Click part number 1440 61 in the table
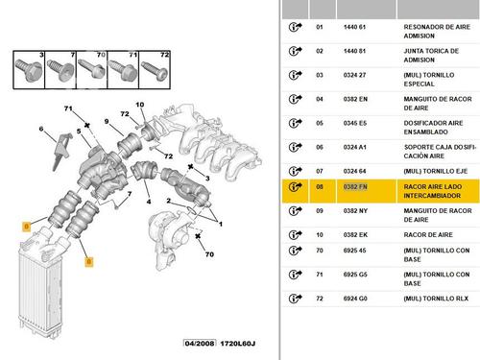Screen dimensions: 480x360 tap(354, 27)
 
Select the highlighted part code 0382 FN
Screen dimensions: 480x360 tap(355, 187)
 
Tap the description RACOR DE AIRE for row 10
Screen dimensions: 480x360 tap(428, 235)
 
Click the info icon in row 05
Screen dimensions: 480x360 tap(295, 123)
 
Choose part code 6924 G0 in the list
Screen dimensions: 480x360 tap(355, 299)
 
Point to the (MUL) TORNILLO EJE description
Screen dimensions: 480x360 tap(436, 171)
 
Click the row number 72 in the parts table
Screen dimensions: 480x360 tap(320, 299)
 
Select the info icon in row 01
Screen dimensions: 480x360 tap(295, 27)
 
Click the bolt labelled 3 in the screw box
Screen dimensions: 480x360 tap(29, 70)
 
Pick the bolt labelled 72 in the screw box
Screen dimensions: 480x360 tap(155, 71)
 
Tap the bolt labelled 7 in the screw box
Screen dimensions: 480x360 tap(60, 70)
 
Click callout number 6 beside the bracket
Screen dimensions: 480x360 tap(41, 129)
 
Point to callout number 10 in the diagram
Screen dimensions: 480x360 tap(140, 105)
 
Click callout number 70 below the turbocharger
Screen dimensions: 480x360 tap(209, 254)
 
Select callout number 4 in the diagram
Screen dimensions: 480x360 tap(149, 202)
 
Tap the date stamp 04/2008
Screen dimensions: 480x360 tap(200, 344)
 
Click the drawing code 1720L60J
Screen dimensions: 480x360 tap(237, 344)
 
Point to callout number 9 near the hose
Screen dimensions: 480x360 tap(107, 121)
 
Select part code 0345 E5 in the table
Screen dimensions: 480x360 tap(355, 123)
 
